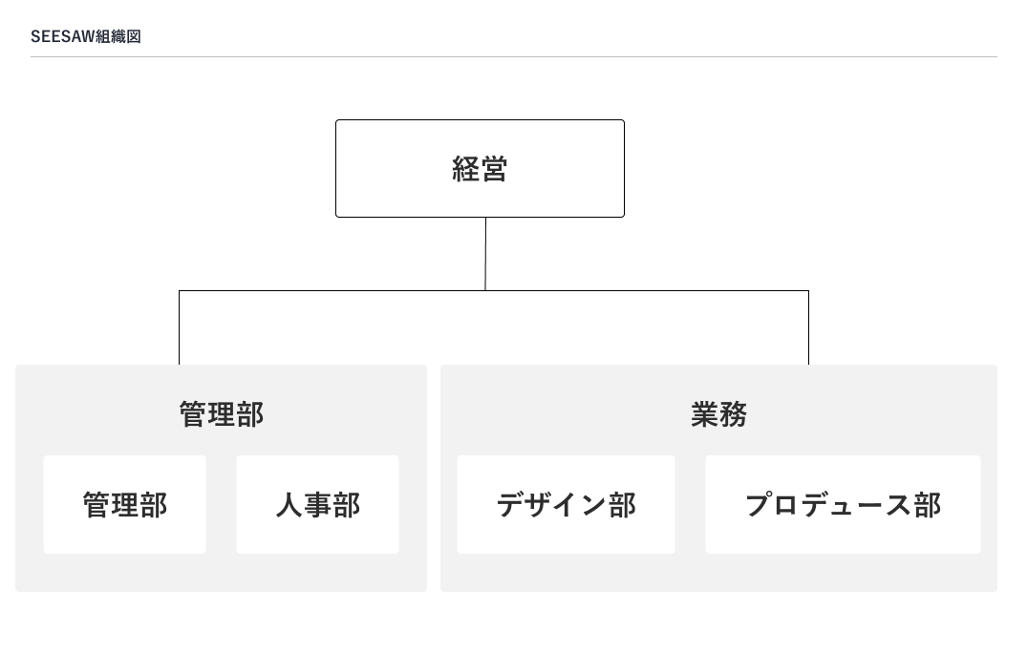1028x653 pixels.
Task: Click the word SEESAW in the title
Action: pos(63,36)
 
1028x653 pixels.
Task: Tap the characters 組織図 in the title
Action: pos(118,36)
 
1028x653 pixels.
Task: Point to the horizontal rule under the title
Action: pos(514,57)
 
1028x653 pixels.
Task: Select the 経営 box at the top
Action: pos(480,168)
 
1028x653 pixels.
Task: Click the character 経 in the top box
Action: pos(465,169)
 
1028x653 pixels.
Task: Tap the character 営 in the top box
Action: pos(494,169)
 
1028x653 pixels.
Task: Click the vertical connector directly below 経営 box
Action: pos(485,254)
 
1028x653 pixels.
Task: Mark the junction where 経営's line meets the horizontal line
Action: pos(485,290)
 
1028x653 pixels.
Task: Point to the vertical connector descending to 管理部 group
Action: pos(179,327)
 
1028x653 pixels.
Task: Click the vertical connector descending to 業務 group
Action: pos(808,327)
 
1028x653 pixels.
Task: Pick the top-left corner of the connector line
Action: pos(179,291)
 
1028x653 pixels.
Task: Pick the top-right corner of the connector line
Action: pos(808,291)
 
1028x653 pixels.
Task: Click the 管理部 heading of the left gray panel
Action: pos(222,414)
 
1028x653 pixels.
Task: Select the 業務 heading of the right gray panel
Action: pos(719,414)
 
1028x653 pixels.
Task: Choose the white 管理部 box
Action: pos(124,504)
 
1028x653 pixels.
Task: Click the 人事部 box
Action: pos(317,504)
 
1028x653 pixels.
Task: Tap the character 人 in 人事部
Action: pos(289,505)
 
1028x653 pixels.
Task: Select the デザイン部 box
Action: pos(566,504)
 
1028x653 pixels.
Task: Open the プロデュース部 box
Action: pos(843,504)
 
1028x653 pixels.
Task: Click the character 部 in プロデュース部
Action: pos(929,505)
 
